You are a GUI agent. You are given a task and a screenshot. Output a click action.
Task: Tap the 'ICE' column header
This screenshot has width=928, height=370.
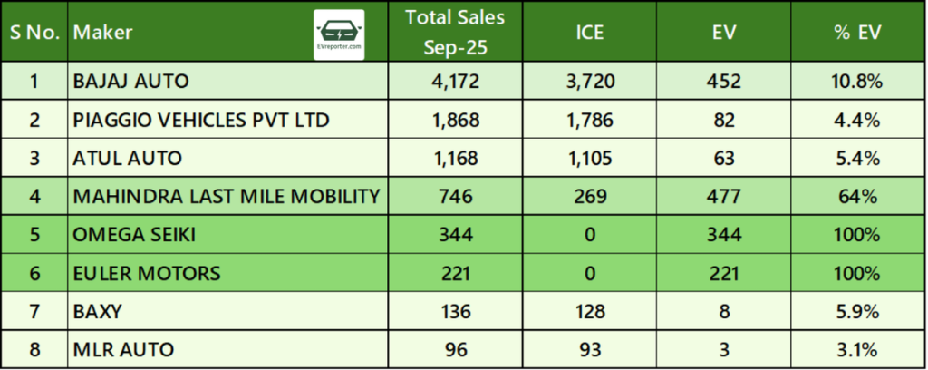[x=590, y=34]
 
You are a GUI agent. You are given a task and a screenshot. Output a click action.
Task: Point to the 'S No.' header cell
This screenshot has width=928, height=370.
[x=34, y=34]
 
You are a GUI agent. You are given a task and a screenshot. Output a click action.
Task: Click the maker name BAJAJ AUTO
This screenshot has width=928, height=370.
[x=130, y=82]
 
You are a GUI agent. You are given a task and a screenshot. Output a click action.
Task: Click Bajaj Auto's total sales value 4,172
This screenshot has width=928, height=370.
[x=455, y=82]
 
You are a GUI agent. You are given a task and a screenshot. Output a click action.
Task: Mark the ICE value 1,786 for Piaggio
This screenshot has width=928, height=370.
[x=590, y=120]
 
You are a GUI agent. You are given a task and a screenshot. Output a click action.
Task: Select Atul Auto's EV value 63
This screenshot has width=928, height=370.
[x=723, y=158]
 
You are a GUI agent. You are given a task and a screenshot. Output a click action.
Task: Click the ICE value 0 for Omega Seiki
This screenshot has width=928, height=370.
[x=590, y=234]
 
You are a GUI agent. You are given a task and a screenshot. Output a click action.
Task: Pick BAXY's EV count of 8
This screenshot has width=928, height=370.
[x=723, y=310]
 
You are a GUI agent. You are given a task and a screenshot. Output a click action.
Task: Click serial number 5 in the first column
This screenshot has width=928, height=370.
[x=34, y=234]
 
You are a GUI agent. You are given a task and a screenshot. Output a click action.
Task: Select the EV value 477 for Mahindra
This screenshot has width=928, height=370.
[x=723, y=196]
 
